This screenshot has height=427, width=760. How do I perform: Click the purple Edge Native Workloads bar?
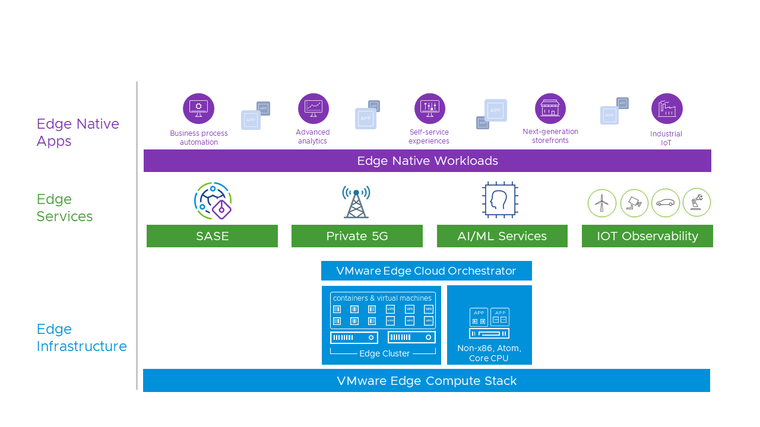427,161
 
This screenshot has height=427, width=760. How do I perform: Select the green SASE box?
212,236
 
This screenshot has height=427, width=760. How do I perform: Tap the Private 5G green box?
357,236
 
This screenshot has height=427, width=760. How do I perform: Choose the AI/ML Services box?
502,236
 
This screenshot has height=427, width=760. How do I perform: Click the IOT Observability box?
647,236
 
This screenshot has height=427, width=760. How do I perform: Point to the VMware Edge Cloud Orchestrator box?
426,271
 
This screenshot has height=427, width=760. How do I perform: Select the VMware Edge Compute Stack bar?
426,381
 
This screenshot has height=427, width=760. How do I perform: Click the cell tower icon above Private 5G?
356,201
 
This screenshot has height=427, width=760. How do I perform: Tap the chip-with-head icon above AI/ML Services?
500,200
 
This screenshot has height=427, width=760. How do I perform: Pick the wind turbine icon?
602,203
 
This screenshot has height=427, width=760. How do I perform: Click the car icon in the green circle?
665,203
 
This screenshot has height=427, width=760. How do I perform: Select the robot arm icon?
696,203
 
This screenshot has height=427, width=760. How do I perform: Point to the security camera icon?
634,203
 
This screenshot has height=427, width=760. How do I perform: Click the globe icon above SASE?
213,201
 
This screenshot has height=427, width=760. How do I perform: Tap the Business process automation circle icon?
198,109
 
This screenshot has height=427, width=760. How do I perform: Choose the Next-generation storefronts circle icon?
550,109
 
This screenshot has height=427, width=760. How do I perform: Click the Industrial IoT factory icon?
667,109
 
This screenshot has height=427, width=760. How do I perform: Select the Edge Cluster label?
384,354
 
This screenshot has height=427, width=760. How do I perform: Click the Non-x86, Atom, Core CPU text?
489,353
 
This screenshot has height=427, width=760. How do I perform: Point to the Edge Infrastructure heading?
81,337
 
